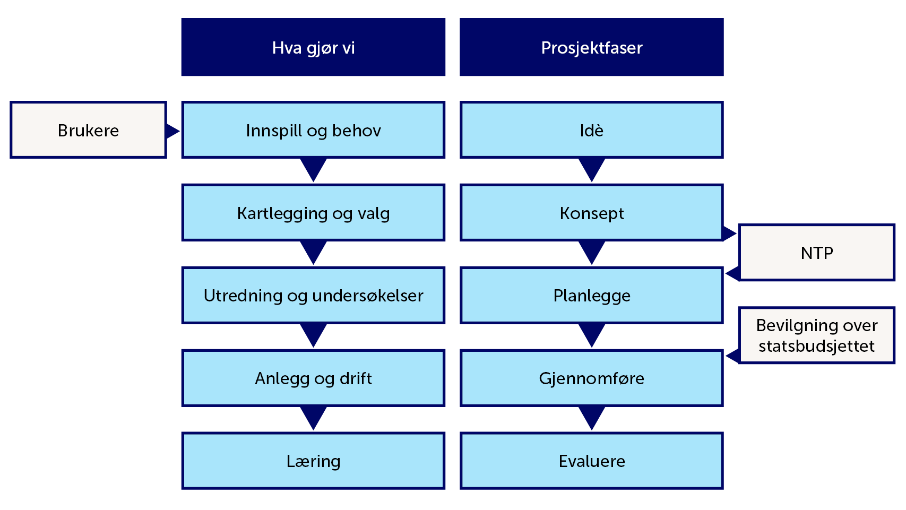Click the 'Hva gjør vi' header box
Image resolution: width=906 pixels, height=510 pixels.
[313, 47]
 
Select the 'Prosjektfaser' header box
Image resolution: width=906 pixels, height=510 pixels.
[591, 47]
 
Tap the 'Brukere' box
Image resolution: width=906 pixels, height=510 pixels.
[88, 130]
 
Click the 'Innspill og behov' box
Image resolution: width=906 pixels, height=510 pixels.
[313, 130]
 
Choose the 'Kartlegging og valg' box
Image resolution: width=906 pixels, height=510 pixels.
[313, 213]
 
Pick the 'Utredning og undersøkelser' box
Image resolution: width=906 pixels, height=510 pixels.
[313, 295]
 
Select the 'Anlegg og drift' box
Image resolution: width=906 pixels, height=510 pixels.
[313, 378]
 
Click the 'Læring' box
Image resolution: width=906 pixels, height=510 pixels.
[313, 461]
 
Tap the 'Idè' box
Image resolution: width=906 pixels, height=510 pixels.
[591, 130]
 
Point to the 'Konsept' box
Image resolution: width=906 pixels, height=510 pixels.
[591, 213]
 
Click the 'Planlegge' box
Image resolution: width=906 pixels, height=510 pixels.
[591, 295]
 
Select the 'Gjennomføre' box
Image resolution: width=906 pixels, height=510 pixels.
[591, 378]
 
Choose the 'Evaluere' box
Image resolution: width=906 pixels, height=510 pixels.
[591, 461]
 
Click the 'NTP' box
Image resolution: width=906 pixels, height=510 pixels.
[816, 253]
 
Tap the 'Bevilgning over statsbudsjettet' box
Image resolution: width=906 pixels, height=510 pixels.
[816, 335]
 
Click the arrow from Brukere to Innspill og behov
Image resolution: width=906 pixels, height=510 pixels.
[172, 131]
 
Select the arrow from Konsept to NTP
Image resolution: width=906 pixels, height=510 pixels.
[729, 233]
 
